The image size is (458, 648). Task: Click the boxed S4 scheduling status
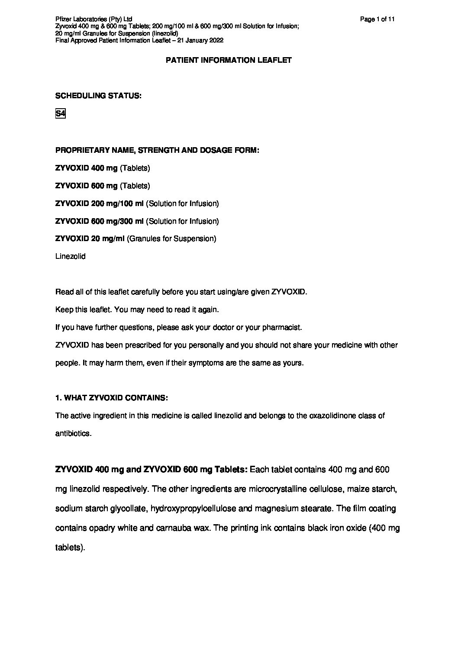tap(60, 114)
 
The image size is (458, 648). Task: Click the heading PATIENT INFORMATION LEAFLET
tap(229, 61)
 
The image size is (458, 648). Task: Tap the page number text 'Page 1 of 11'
tap(377, 19)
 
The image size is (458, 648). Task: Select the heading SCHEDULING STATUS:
tap(98, 96)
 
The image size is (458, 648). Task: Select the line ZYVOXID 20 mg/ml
tap(90, 239)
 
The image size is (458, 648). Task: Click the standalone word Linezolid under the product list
tap(71, 256)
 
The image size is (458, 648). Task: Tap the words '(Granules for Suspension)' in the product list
tap(171, 239)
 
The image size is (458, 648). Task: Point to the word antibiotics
tap(73, 433)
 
